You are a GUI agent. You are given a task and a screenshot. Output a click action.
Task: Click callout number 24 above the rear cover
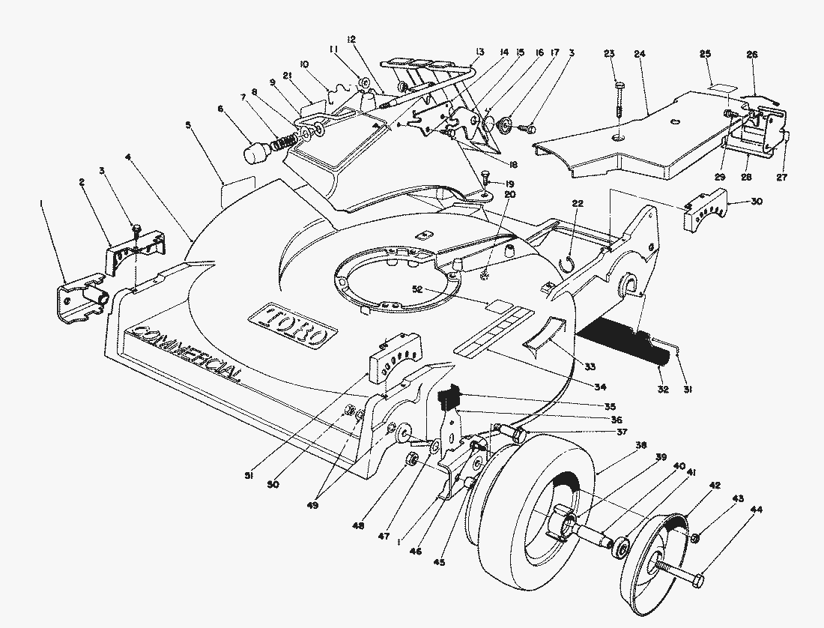click(639, 54)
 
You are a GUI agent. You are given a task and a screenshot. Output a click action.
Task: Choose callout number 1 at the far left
click(42, 202)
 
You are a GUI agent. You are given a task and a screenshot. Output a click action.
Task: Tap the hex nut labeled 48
click(411, 459)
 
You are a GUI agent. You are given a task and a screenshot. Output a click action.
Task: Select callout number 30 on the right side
click(756, 202)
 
